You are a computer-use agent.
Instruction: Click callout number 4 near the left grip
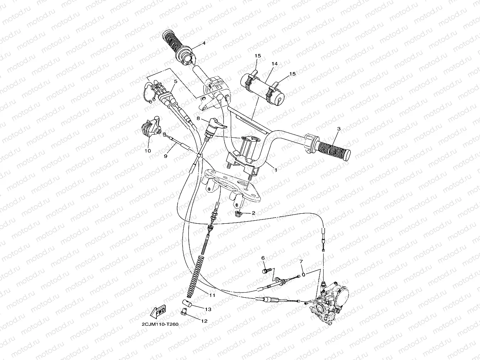coord(204,43)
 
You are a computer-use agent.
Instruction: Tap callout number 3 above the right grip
coord(339,129)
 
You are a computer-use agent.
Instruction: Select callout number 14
coord(275,63)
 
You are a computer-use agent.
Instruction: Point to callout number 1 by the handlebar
coord(275,169)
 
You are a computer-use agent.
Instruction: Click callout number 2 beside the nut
coord(253,213)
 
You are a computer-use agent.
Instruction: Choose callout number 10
coord(148,151)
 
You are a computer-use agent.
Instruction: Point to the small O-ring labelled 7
coord(304,275)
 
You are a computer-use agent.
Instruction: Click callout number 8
coord(198,119)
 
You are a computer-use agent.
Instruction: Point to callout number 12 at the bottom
coord(204,320)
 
